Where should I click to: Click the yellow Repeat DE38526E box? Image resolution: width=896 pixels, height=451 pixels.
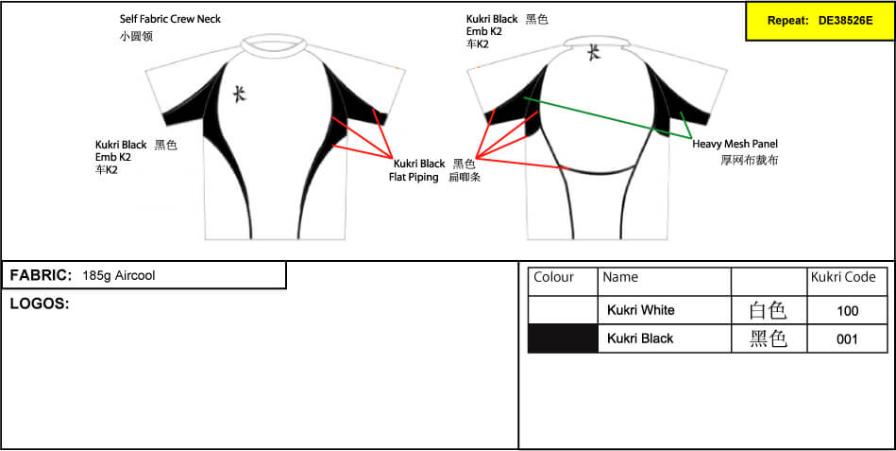click(820, 21)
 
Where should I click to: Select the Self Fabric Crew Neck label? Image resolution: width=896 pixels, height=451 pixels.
click(170, 19)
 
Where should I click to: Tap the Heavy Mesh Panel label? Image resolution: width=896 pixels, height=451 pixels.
click(735, 145)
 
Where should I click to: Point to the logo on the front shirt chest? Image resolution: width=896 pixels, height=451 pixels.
click(240, 94)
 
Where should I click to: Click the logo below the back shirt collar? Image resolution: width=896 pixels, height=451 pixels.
click(594, 53)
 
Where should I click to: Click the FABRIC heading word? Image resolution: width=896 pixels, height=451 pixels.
click(41, 275)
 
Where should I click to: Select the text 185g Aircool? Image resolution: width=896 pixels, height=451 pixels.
click(119, 275)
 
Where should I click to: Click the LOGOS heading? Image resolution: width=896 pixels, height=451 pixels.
click(40, 304)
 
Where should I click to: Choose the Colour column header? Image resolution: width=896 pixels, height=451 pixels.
click(553, 277)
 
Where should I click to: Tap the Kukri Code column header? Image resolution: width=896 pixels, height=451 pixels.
click(843, 277)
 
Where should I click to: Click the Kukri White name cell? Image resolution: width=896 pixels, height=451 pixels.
click(640, 310)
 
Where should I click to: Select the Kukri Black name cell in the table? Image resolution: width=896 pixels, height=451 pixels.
click(640, 338)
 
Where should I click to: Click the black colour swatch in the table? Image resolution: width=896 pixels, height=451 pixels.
click(563, 338)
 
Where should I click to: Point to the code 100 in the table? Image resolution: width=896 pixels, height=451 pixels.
click(847, 311)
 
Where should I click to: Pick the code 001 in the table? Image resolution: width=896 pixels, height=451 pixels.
click(847, 338)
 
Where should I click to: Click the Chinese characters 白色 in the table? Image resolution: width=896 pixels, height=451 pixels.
click(768, 311)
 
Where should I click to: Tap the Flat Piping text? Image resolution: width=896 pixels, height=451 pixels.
click(414, 177)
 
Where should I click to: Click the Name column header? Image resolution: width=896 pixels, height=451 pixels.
click(620, 277)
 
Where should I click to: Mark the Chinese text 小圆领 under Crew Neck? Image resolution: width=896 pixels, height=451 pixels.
click(136, 37)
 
